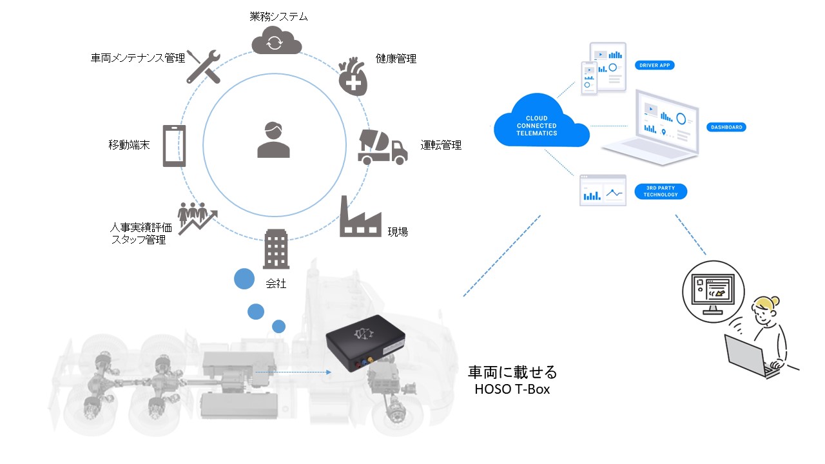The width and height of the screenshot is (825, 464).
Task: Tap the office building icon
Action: coord(276,249)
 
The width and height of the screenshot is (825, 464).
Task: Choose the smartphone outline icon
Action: coord(174,146)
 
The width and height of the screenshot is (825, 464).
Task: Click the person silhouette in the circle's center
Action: coord(273,140)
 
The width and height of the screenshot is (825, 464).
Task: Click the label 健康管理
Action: coord(396,59)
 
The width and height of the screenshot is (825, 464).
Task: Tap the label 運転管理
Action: coord(441,145)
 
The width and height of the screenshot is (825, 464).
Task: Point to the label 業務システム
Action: coord(278,16)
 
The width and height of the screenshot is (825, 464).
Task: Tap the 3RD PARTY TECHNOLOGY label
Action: coord(661,191)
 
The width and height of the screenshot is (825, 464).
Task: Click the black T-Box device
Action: coord(365,343)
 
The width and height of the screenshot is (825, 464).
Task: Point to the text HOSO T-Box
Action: coord(512,389)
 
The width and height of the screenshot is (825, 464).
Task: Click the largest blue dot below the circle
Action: coord(244,279)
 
